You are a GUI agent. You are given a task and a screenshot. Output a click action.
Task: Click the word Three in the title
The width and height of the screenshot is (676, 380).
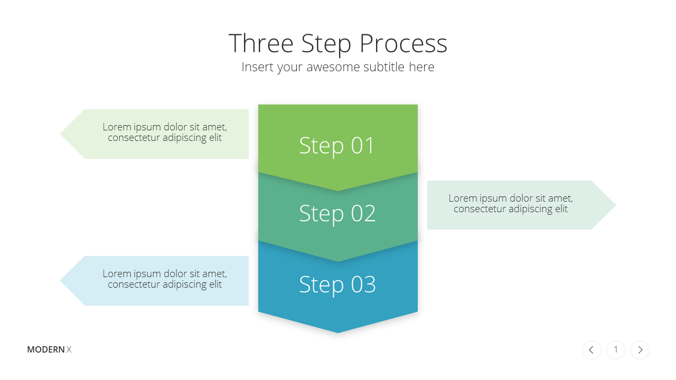261,43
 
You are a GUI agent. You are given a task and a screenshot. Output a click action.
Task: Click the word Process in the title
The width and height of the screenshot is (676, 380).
403,43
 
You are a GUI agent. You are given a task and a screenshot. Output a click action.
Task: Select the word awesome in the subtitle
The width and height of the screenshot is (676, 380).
333,67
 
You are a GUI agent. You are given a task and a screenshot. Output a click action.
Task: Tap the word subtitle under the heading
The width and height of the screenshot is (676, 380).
384,67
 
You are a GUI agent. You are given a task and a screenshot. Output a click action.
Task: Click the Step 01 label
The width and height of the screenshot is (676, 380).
337,146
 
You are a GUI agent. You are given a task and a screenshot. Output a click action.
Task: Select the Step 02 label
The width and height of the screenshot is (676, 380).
337,214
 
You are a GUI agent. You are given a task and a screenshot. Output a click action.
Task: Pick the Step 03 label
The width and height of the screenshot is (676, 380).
337,284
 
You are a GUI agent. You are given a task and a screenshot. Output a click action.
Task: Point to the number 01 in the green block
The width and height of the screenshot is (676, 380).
362,146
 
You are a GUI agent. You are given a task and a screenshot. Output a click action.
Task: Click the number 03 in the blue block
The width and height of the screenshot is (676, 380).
363,284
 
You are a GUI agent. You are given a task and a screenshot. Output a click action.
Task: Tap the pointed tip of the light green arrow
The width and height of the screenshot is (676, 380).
60,134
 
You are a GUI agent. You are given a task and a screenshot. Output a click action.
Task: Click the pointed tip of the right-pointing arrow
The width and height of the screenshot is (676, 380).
616,205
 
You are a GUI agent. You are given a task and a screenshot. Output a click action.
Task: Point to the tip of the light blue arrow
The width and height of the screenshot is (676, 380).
60,281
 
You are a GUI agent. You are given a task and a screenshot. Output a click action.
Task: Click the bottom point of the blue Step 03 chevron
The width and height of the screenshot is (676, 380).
338,332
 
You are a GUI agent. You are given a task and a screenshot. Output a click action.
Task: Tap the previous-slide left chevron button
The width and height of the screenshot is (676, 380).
592,350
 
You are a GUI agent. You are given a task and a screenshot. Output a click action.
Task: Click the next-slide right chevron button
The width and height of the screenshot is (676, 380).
640,350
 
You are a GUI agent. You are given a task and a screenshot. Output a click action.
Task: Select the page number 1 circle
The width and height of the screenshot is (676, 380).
616,350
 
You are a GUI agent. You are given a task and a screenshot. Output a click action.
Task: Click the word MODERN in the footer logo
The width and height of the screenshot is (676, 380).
46,349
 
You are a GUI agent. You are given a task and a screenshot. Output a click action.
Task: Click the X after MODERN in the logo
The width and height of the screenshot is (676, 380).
69,349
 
